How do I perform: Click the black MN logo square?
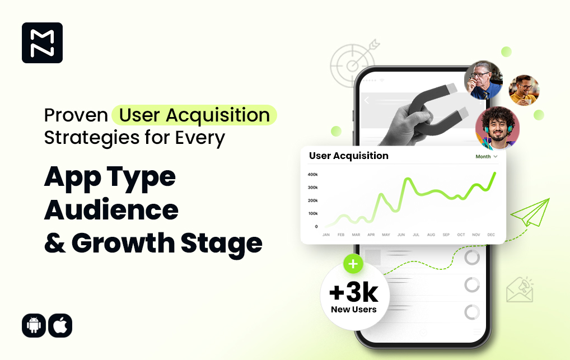click(x=42, y=43)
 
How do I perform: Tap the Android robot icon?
click(x=34, y=325)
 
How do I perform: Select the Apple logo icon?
click(x=60, y=325)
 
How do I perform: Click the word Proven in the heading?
click(x=76, y=115)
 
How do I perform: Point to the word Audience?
click(x=111, y=210)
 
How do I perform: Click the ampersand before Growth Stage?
click(x=55, y=243)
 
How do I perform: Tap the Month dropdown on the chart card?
click(x=487, y=156)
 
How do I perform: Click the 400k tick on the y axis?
click(x=312, y=175)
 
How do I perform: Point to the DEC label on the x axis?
click(x=491, y=235)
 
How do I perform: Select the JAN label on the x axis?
click(x=326, y=235)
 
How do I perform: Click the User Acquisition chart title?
click(x=349, y=156)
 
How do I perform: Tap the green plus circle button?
click(x=353, y=264)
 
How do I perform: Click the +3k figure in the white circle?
click(x=354, y=292)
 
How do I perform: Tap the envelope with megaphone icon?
click(x=520, y=289)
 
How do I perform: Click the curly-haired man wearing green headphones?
click(x=497, y=128)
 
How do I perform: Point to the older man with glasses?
click(x=483, y=80)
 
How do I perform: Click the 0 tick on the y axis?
click(x=316, y=227)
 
